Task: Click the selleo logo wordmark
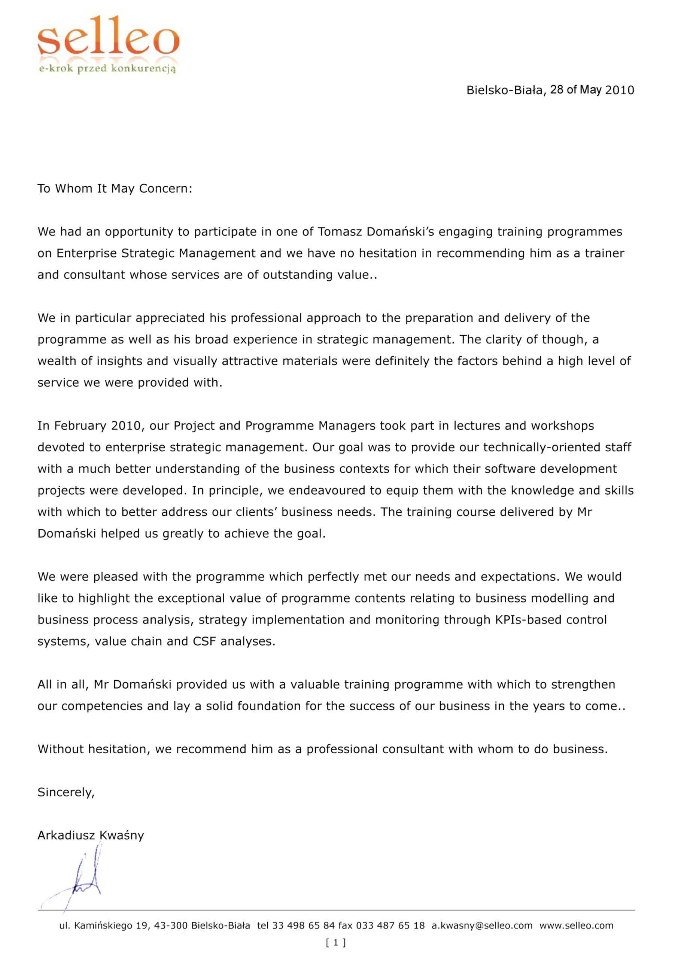108,37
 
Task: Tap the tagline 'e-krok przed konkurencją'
107,68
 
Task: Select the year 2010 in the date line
620,90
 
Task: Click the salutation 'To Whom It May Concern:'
115,189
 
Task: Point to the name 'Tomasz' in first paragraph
340,232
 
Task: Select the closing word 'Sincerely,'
66,792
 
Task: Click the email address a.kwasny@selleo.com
482,925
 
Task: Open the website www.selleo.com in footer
576,925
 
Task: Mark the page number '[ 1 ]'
336,942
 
